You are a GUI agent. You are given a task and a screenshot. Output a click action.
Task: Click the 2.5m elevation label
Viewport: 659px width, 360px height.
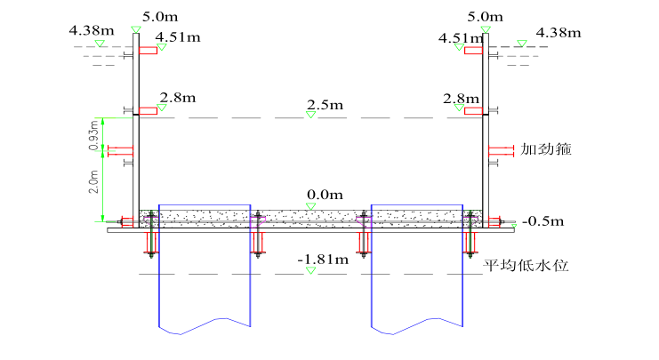(325, 105)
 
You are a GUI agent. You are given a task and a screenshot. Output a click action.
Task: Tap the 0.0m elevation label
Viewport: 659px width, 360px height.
(325, 195)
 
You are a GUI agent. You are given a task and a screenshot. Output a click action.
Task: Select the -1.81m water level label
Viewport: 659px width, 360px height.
(323, 260)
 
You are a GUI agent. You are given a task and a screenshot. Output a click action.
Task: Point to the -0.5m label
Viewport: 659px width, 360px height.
(543, 221)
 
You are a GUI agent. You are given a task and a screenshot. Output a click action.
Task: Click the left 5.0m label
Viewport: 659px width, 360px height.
(160, 17)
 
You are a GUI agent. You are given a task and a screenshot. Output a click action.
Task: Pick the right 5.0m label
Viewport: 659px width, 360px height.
(486, 17)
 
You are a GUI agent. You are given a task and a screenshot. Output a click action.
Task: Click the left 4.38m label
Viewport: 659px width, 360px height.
(92, 30)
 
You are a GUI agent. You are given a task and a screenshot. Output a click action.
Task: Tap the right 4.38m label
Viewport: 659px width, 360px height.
(559, 33)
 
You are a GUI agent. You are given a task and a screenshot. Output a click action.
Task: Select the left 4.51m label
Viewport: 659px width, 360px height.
(178, 37)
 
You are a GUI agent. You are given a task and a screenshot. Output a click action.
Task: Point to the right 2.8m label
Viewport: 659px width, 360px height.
(461, 99)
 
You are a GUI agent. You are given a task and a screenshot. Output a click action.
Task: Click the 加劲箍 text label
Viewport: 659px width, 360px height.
(546, 149)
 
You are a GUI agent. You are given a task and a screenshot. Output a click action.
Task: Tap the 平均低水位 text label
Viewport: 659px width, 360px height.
(526, 266)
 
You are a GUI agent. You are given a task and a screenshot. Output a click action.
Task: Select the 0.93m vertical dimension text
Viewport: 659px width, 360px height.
(93, 135)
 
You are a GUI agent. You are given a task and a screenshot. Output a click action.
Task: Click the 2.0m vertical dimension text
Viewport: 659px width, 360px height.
(93, 181)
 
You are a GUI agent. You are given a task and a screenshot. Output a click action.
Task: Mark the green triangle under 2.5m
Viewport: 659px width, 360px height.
(310, 115)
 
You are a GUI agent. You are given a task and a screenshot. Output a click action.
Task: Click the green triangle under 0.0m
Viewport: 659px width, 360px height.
(310, 206)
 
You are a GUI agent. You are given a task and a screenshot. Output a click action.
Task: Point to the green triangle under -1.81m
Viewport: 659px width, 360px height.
(310, 270)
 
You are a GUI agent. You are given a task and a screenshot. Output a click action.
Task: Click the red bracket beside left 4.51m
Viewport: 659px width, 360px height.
(148, 51)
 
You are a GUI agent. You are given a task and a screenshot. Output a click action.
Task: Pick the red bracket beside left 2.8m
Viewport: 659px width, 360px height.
(148, 111)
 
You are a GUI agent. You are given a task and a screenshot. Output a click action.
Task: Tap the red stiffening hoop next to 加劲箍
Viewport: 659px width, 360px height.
(501, 151)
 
